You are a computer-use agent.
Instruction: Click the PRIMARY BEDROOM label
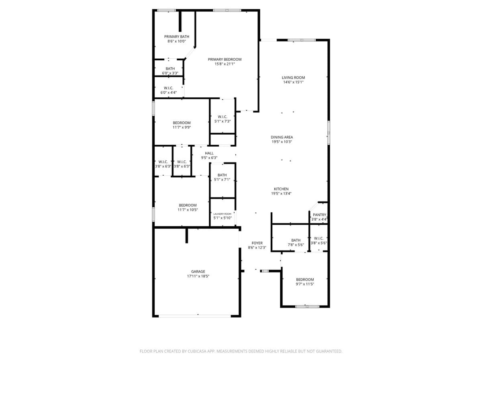225,59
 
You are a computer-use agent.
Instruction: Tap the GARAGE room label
198,272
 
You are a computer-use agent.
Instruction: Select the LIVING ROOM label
293,78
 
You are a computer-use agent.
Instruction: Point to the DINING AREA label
282,137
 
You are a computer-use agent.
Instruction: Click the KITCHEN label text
281,189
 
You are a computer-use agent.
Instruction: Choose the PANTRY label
319,215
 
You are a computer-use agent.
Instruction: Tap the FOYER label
257,243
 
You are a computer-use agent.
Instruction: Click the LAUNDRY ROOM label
222,214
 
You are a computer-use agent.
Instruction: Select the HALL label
209,153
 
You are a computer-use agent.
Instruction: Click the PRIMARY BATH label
176,37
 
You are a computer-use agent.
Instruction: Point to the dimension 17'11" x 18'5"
198,276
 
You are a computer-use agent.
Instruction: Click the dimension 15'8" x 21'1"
225,64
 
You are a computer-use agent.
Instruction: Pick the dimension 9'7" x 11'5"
305,284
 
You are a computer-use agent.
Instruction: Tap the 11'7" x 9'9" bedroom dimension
182,127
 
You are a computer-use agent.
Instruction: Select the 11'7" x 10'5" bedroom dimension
188,210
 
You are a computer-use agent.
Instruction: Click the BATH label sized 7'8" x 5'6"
296,240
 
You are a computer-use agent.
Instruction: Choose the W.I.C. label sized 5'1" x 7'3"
223,117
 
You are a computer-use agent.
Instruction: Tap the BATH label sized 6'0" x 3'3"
170,69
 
